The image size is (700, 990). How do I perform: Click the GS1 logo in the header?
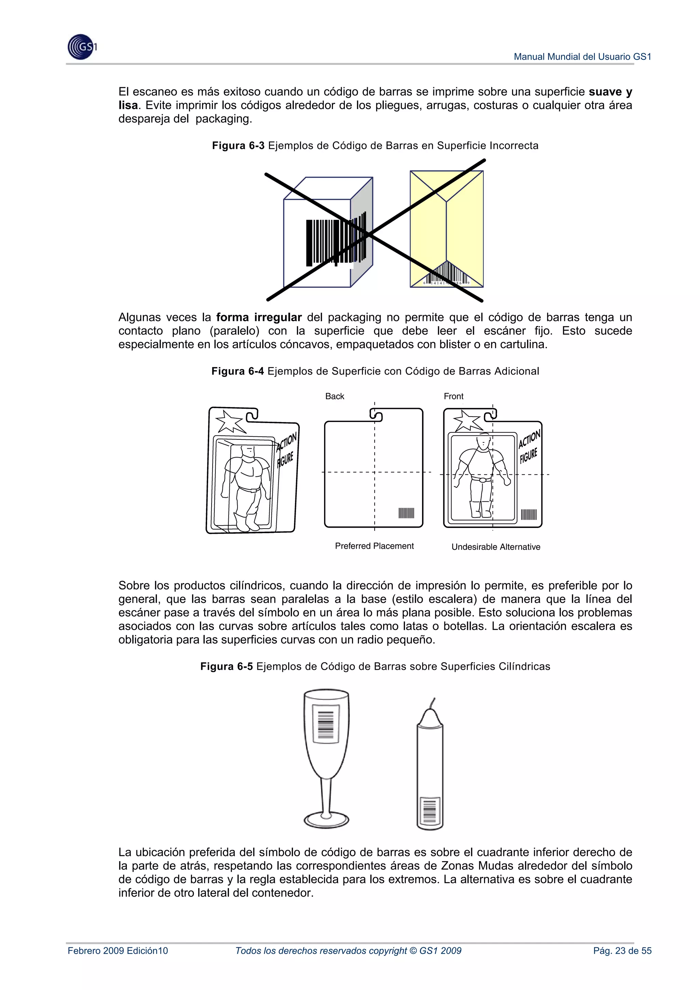pyautogui.click(x=81, y=46)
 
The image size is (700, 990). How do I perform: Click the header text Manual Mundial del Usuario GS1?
pyautogui.click(x=582, y=56)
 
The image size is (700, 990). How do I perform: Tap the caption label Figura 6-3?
pyautogui.click(x=238, y=146)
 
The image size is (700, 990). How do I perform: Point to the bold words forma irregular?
pyautogui.click(x=259, y=317)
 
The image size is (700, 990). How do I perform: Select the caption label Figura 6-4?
pyautogui.click(x=238, y=371)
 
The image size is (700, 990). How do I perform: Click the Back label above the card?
pyautogui.click(x=335, y=396)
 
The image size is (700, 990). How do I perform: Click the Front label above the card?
pyautogui.click(x=453, y=396)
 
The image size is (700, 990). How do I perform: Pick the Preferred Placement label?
pyautogui.click(x=374, y=546)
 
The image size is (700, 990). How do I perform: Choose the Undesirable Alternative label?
pyautogui.click(x=496, y=547)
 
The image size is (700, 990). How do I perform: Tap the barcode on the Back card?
pyautogui.click(x=406, y=513)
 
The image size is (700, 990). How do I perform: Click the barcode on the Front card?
pyautogui.click(x=529, y=514)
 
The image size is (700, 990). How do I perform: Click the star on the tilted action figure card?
pyautogui.click(x=230, y=421)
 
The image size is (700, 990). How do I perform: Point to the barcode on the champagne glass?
pyautogui.click(x=326, y=725)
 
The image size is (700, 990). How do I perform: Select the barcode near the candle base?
pyautogui.click(x=430, y=811)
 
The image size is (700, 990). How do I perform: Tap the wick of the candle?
pyautogui.click(x=432, y=704)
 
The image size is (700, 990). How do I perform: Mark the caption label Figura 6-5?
pyautogui.click(x=226, y=667)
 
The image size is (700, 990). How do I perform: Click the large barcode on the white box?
pyautogui.click(x=330, y=242)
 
